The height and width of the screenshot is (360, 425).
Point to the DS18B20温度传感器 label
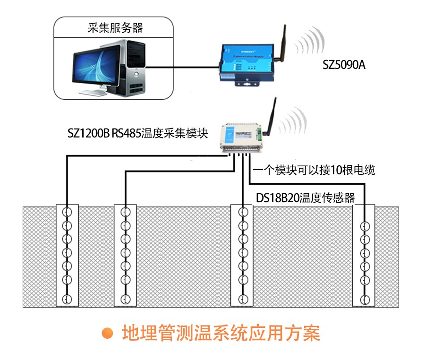pos(306,198)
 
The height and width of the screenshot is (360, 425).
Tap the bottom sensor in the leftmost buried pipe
pos(67,299)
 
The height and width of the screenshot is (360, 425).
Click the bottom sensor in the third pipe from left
pos(243,299)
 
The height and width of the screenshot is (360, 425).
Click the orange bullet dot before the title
pos(109,333)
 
